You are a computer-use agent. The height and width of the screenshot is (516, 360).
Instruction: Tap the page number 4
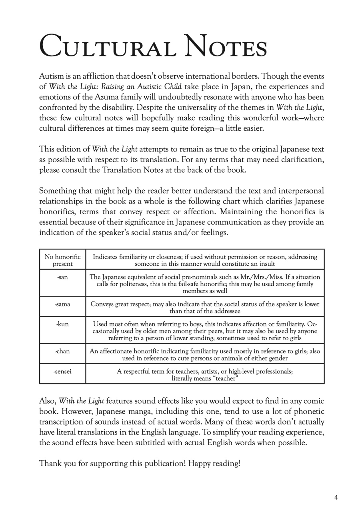pyautogui.click(x=336, y=497)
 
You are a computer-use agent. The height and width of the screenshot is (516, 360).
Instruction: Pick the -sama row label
pyautogui.click(x=62, y=304)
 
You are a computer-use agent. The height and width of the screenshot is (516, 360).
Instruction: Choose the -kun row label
pyautogui.click(x=62, y=324)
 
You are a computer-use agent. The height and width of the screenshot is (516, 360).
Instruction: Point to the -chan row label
pyautogui.click(x=62, y=351)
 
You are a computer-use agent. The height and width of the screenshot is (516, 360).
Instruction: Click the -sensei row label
pyautogui.click(x=62, y=371)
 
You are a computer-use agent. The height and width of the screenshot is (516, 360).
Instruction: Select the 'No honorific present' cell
pyautogui.click(x=62, y=260)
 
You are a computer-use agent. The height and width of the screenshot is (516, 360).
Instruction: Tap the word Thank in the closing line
pyautogui.click(x=48, y=464)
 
